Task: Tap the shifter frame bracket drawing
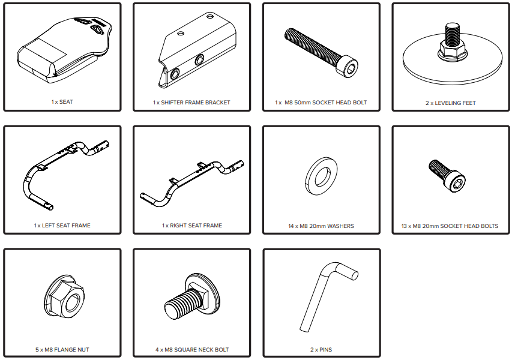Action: click(x=197, y=51)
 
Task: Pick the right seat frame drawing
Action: click(x=192, y=182)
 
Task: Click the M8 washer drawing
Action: click(x=321, y=176)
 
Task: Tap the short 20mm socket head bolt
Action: click(x=447, y=176)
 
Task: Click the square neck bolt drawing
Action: click(x=192, y=296)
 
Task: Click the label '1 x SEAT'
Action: click(x=62, y=102)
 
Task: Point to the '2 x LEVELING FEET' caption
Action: click(x=451, y=103)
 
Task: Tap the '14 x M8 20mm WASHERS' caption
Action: click(x=321, y=226)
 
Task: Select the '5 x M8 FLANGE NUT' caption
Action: click(x=62, y=350)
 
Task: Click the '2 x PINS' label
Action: click(x=321, y=350)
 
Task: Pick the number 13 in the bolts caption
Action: click(x=405, y=226)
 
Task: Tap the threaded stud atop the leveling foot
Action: click(x=453, y=33)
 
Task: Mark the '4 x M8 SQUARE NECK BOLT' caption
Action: click(x=192, y=350)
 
